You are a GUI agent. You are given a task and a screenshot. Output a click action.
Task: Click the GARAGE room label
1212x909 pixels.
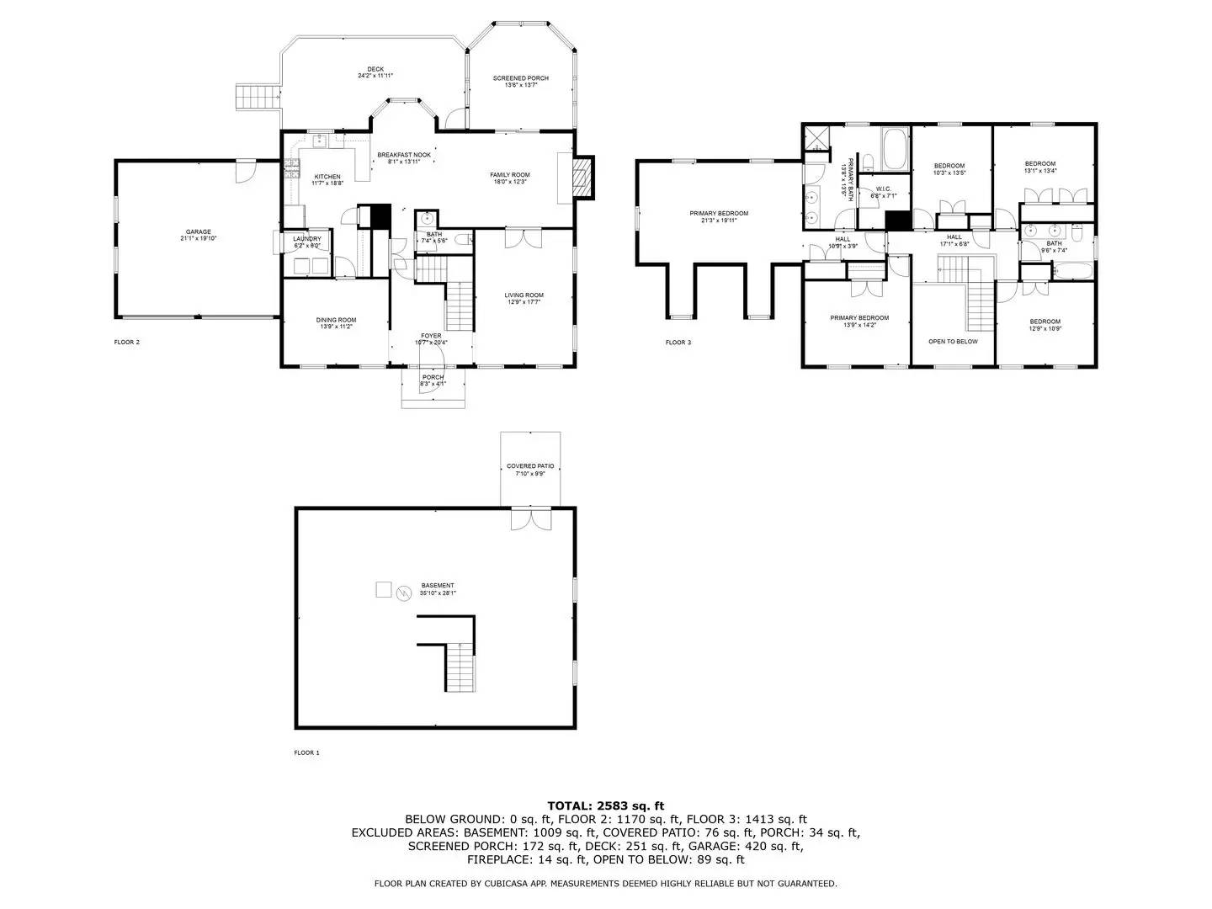[199, 232]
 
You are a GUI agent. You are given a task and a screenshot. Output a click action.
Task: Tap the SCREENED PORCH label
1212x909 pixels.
[520, 78]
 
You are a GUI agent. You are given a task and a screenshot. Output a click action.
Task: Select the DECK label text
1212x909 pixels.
[375, 69]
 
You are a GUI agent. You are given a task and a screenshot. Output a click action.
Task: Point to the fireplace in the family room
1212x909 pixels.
[582, 177]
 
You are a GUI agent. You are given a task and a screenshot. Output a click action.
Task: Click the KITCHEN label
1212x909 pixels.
[327, 177]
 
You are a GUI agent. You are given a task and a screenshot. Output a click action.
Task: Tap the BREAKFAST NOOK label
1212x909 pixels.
[404, 155]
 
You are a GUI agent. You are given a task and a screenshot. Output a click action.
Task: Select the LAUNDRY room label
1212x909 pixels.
[307, 239]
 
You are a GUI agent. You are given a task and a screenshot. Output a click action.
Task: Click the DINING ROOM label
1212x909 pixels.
[336, 320]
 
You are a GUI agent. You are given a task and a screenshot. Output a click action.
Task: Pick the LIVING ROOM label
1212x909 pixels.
[524, 295]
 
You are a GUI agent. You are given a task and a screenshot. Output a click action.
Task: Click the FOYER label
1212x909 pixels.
[431, 336]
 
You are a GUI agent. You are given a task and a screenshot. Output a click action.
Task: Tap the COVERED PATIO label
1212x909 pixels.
[530, 466]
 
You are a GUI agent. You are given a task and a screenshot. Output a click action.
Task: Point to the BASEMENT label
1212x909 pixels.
[438, 586]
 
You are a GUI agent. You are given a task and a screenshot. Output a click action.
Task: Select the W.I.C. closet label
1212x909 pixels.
[883, 189]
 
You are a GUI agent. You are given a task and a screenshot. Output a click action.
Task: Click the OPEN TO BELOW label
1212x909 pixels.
[953, 342]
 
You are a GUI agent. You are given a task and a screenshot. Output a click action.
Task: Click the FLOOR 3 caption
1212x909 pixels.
[678, 343]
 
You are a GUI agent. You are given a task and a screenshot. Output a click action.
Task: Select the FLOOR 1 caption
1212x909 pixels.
[306, 752]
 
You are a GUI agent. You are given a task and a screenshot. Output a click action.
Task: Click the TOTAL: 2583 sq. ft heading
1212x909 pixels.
[605, 805]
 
